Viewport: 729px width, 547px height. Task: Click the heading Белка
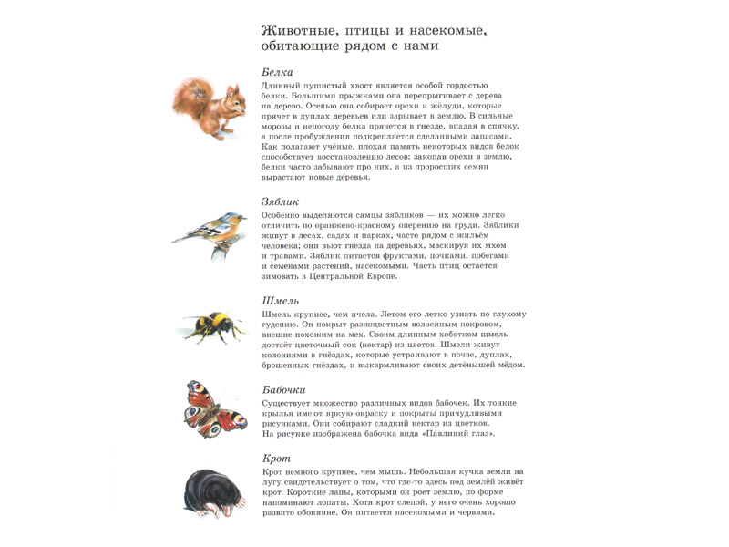pos(277,71)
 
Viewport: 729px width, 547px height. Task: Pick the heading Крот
pos(276,459)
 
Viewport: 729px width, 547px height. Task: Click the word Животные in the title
pos(301,31)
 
